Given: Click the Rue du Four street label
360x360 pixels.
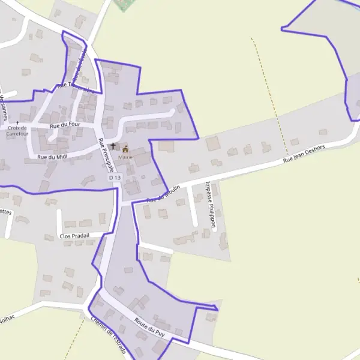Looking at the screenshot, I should coord(65,125).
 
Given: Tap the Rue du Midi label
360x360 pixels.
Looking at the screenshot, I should coord(50,157).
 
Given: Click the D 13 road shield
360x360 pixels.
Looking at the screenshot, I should coord(115,178).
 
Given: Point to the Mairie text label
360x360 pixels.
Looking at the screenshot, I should coord(125,157).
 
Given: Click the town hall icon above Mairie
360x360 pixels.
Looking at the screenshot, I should coord(125,148).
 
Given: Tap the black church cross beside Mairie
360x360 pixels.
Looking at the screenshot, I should coord(113,146).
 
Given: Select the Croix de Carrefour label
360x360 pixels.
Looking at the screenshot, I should coord(17,131).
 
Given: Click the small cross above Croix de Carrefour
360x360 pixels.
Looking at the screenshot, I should coord(17,122).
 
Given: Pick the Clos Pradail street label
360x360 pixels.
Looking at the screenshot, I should coord(74,236).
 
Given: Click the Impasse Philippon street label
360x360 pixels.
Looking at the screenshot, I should coord(210,203).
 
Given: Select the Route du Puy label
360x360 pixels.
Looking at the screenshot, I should coord(150,325).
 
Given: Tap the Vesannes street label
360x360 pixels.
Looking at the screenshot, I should coord(4,102).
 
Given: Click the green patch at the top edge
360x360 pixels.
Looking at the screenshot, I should coord(124,5).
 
